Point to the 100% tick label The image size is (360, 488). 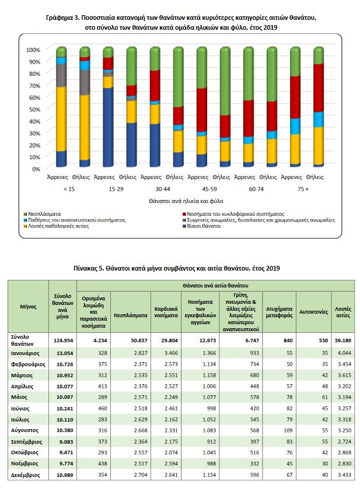coord(32,50)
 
